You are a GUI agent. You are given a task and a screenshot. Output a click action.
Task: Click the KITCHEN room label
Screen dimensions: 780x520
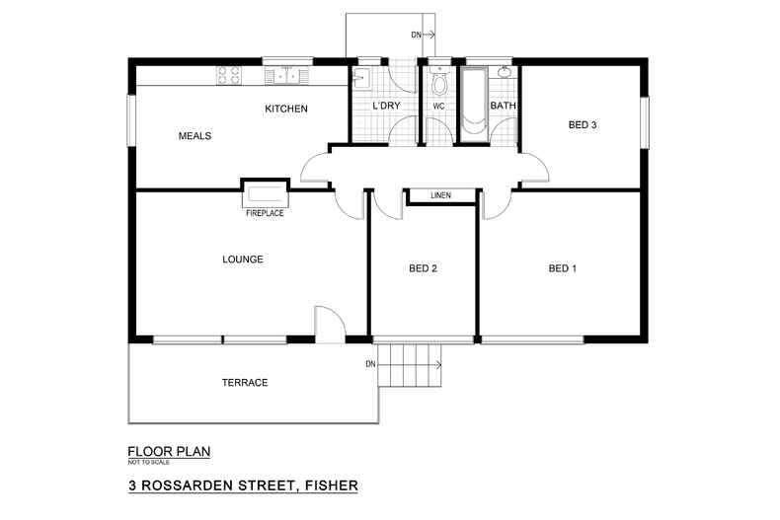[x=286, y=109]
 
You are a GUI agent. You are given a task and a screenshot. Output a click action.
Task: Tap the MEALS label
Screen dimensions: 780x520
[x=195, y=136]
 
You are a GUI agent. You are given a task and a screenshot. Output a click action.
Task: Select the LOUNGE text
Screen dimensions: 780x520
[x=243, y=259]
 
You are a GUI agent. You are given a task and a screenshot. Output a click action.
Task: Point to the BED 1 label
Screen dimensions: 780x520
[x=563, y=268]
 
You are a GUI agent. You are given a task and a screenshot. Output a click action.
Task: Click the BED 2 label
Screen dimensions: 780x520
[x=423, y=268]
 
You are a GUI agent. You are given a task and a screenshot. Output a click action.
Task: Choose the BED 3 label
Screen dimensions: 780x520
[x=583, y=124]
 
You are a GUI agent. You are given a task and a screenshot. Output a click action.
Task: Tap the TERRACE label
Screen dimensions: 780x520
[x=245, y=382]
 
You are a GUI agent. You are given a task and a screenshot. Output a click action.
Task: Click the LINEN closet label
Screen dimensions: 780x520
[x=440, y=195]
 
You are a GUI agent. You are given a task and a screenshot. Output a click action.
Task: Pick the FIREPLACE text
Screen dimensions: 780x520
[x=265, y=213]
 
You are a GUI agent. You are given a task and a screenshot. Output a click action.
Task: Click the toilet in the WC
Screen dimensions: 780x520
[x=438, y=83]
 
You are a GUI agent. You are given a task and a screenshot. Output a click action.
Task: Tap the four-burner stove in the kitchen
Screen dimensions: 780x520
[x=229, y=76]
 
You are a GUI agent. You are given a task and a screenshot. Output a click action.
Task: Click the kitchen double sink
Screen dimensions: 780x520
[x=286, y=76]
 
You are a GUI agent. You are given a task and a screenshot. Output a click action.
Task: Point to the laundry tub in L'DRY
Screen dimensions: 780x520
[x=361, y=79]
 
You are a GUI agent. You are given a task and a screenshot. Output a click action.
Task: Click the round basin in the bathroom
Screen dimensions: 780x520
[x=505, y=73]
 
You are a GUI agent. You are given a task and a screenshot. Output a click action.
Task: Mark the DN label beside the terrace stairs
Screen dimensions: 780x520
[x=370, y=364]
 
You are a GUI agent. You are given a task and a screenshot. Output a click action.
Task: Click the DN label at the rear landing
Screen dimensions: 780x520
[x=416, y=35]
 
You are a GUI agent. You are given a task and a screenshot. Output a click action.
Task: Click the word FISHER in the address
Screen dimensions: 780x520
[x=332, y=485]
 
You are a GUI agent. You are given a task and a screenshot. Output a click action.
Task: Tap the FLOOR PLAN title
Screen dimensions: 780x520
[x=169, y=452]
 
